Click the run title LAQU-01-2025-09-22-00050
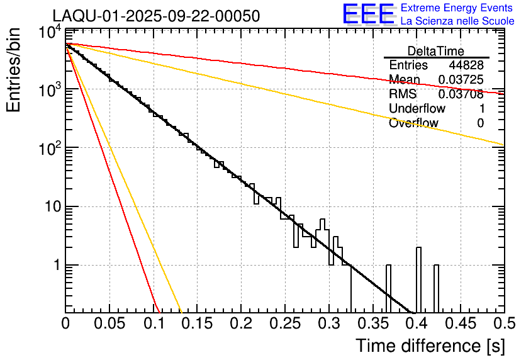click(156, 16)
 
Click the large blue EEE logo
click(368, 14)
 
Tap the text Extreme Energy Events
click(457, 8)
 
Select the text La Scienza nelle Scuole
click(457, 21)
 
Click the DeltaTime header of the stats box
click(436, 51)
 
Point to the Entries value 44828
click(466, 65)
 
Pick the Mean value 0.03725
click(461, 80)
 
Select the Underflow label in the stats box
click(417, 109)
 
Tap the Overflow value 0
click(480, 123)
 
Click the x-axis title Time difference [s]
click(430, 346)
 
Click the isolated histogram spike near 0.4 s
click(418, 280)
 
